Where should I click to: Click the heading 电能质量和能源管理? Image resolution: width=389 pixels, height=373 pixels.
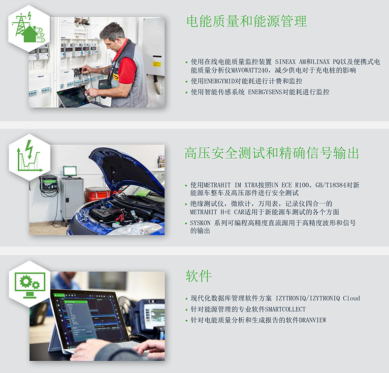[x=247, y=21]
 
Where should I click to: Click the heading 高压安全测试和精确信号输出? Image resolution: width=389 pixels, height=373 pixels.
[x=272, y=153]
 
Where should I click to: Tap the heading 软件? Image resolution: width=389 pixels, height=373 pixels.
[x=198, y=276]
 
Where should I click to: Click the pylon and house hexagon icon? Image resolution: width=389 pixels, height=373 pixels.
[x=29, y=28]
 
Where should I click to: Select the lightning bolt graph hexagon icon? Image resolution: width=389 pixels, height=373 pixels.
[x=30, y=157]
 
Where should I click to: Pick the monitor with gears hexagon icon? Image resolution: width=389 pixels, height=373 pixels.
[x=30, y=284]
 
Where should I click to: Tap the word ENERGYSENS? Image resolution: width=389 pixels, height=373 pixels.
[x=265, y=92]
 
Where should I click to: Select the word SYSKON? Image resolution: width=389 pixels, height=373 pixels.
[x=200, y=223]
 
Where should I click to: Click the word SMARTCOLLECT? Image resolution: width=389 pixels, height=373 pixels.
[x=285, y=309]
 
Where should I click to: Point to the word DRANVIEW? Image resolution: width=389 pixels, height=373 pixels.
[x=312, y=320]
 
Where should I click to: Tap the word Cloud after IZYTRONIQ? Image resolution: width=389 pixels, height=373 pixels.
[x=351, y=298]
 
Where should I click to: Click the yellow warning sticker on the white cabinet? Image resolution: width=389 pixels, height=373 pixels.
[x=157, y=64]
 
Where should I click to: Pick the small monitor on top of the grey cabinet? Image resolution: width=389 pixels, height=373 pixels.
[x=69, y=171]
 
